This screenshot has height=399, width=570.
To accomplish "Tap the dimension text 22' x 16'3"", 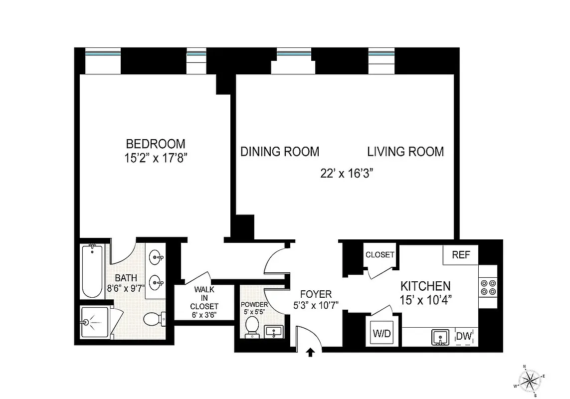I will (x=347, y=174).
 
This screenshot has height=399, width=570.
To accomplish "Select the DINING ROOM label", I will (x=280, y=152).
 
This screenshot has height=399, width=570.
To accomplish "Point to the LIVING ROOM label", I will (x=405, y=152).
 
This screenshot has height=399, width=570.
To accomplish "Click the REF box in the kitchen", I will (x=461, y=255).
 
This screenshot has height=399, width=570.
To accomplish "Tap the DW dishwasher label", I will (x=464, y=337).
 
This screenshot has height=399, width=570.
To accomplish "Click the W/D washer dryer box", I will (x=382, y=331).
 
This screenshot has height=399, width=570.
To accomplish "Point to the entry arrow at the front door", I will (x=310, y=353).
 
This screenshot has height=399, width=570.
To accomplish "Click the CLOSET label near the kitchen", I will (x=380, y=254).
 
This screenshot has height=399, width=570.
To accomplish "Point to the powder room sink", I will (x=274, y=331).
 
